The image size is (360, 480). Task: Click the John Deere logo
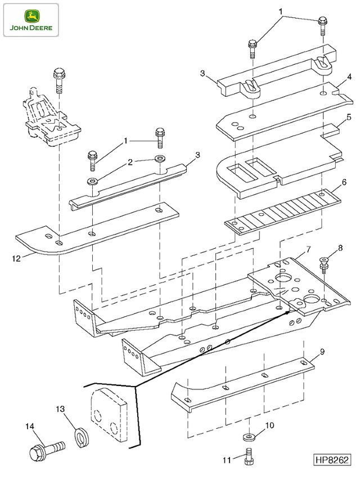tap(31, 20)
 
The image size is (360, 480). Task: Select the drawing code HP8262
tap(332, 460)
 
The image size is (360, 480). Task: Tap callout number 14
tap(30, 426)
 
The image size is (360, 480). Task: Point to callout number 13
tap(60, 409)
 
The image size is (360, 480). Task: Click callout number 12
tap(16, 258)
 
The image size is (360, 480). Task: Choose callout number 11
tap(227, 460)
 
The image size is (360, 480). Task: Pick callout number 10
tap(269, 425)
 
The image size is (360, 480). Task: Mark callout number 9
tap(322, 352)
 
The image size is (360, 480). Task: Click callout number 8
tap(340, 248)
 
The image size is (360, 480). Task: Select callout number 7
tap(308, 249)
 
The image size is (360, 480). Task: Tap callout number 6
tap(344, 182)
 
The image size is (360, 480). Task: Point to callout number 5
tap(349, 117)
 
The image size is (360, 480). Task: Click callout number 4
tap(349, 77)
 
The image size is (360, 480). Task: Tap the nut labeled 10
tap(249, 437)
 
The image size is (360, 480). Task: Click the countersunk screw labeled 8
tap(324, 266)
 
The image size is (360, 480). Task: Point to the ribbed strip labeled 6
tap(283, 212)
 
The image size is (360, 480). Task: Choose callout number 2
tap(130, 162)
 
